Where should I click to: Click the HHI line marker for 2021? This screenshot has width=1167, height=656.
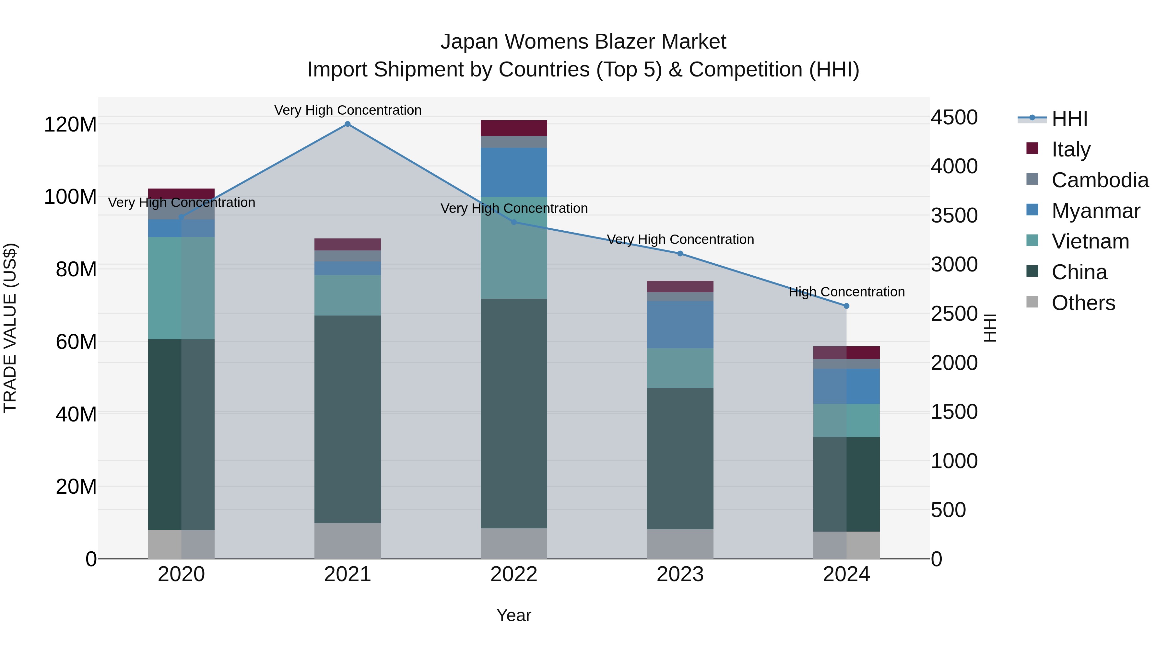348,124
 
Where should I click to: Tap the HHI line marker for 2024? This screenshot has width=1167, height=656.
846,306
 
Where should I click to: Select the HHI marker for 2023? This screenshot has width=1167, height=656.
680,254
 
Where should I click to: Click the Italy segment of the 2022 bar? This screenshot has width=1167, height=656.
514,128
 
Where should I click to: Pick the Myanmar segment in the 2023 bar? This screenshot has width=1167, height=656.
680,324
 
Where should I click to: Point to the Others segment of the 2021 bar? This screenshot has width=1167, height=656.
348,541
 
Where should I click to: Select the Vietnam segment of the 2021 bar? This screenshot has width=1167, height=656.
348,295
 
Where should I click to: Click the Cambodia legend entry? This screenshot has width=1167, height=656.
1100,180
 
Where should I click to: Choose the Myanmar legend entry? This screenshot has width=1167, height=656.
1095,211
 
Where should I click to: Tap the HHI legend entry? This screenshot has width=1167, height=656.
1069,119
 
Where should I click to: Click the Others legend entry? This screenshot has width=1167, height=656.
1083,303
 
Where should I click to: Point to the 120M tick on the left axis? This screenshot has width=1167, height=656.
70,124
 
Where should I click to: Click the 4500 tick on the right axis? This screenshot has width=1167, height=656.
954,118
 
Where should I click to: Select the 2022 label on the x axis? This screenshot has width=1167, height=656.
514,574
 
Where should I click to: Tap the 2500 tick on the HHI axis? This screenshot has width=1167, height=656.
954,314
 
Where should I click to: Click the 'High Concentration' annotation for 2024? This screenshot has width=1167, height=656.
846,292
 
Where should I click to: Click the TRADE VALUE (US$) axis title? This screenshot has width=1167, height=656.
10,328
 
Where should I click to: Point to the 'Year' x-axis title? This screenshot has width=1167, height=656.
514,615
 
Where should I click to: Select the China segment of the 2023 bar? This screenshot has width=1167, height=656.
680,458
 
